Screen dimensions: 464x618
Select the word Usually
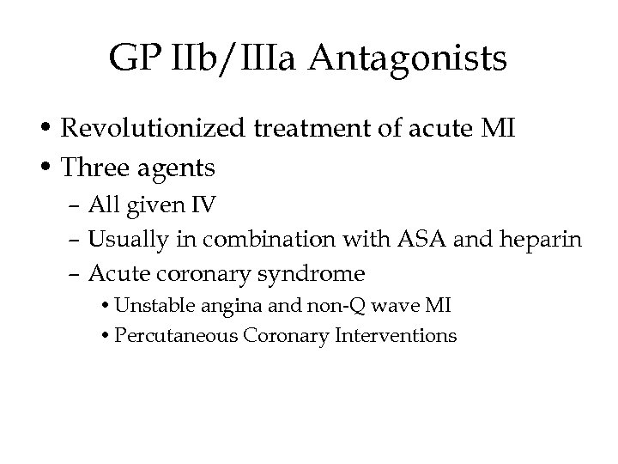[x=121, y=241]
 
